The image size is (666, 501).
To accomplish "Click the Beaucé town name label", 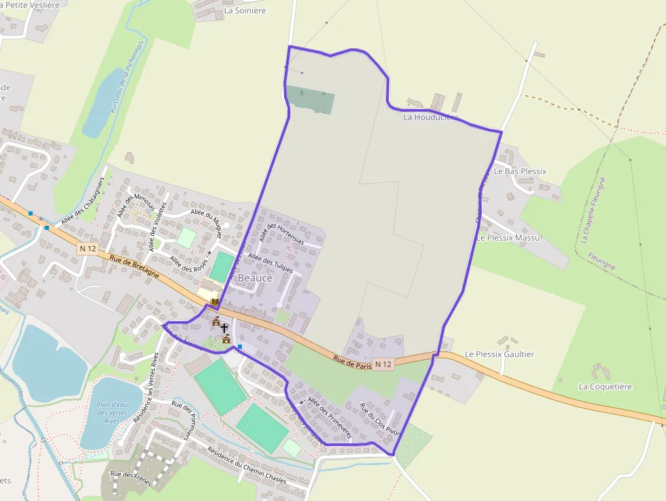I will (255, 278).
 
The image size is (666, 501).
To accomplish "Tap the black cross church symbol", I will (224, 328).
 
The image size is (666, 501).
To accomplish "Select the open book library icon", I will (215, 301).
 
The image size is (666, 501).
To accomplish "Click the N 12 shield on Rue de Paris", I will (383, 364).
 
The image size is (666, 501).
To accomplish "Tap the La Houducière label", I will (430, 117).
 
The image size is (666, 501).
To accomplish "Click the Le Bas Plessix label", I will (520, 171).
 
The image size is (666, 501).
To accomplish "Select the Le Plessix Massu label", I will (508, 238).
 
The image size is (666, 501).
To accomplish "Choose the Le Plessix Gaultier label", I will (500, 354).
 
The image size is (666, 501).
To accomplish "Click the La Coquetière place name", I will (605, 386).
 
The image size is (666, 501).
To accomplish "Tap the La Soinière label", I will (245, 11).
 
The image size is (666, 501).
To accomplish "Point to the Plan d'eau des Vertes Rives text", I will (112, 413).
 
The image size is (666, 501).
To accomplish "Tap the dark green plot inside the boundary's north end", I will (311, 99).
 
